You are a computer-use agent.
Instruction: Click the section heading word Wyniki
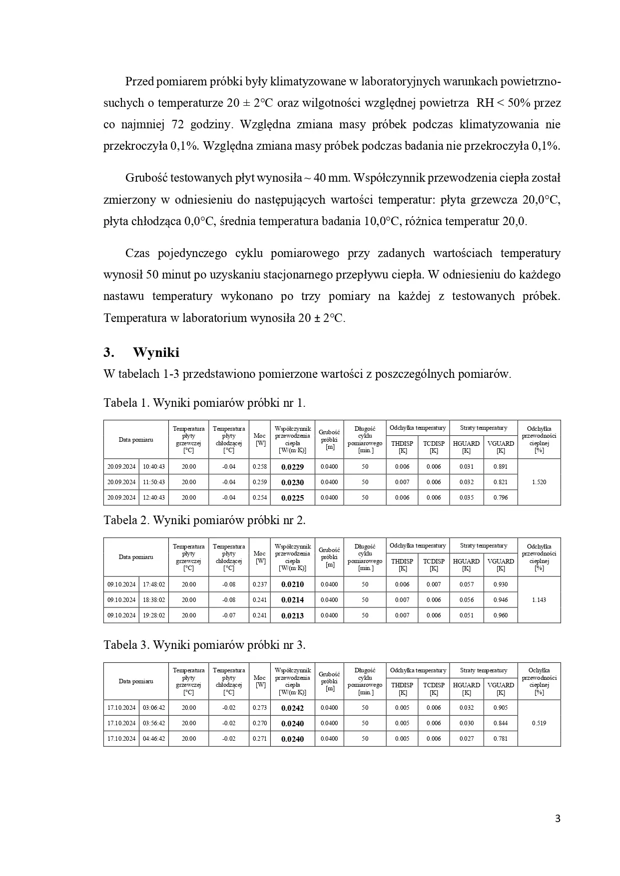pos(156,352)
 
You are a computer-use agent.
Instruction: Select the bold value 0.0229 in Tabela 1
pos(292,467)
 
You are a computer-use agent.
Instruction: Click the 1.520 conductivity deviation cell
pos(539,482)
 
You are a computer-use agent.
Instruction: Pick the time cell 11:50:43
pos(154,482)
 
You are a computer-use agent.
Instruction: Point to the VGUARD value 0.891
pos(500,467)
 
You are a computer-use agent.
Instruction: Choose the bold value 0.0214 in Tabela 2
pos(292,600)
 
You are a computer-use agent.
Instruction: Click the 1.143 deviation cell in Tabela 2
pos(539,600)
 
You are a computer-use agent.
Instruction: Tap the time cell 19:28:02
pos(154,615)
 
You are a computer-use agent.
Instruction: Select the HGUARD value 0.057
pos(467,584)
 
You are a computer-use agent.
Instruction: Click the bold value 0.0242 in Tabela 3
pos(292,708)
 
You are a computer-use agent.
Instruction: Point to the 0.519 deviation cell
pos(539,723)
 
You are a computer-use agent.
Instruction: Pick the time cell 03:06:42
pos(154,708)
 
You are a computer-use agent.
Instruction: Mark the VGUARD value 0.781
pos(500,739)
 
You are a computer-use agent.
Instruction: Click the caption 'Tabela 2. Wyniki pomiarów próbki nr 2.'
pos(204,520)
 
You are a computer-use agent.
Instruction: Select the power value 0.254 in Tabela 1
pos(260,498)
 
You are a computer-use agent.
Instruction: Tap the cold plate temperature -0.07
pos(229,615)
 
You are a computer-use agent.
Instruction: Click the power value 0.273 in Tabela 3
pos(260,708)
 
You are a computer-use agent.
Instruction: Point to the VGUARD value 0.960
pos(500,615)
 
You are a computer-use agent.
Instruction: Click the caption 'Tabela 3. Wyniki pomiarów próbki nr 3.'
pos(204,645)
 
